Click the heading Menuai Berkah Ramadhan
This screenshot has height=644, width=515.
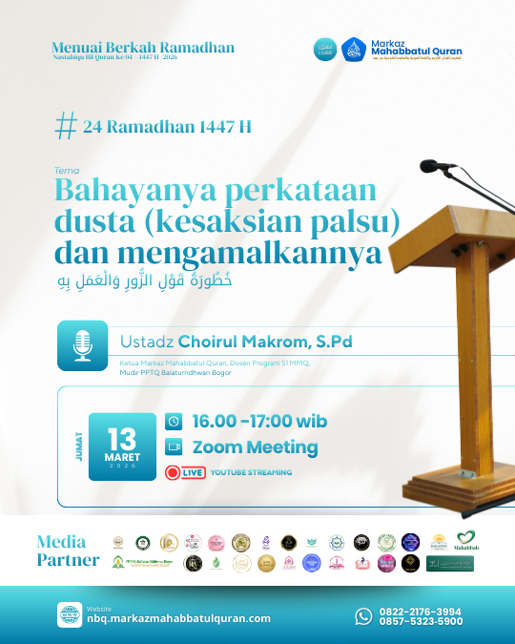(143, 48)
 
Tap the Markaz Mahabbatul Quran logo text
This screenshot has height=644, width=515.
(415, 48)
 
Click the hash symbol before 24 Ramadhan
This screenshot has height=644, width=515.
(66, 126)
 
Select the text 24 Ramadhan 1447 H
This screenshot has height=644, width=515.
(168, 127)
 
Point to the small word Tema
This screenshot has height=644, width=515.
(66, 171)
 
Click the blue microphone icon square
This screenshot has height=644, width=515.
(82, 345)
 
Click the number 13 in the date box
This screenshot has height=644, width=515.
(122, 439)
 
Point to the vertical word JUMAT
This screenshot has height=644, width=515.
(77, 447)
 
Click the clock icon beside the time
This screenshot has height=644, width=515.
(174, 421)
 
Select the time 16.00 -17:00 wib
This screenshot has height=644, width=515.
(259, 421)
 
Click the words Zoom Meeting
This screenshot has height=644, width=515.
(255, 447)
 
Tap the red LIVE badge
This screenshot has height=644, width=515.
(185, 472)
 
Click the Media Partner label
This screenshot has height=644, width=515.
(68, 551)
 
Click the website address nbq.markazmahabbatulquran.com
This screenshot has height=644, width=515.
(178, 618)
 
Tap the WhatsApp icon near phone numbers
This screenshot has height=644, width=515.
(364, 615)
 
